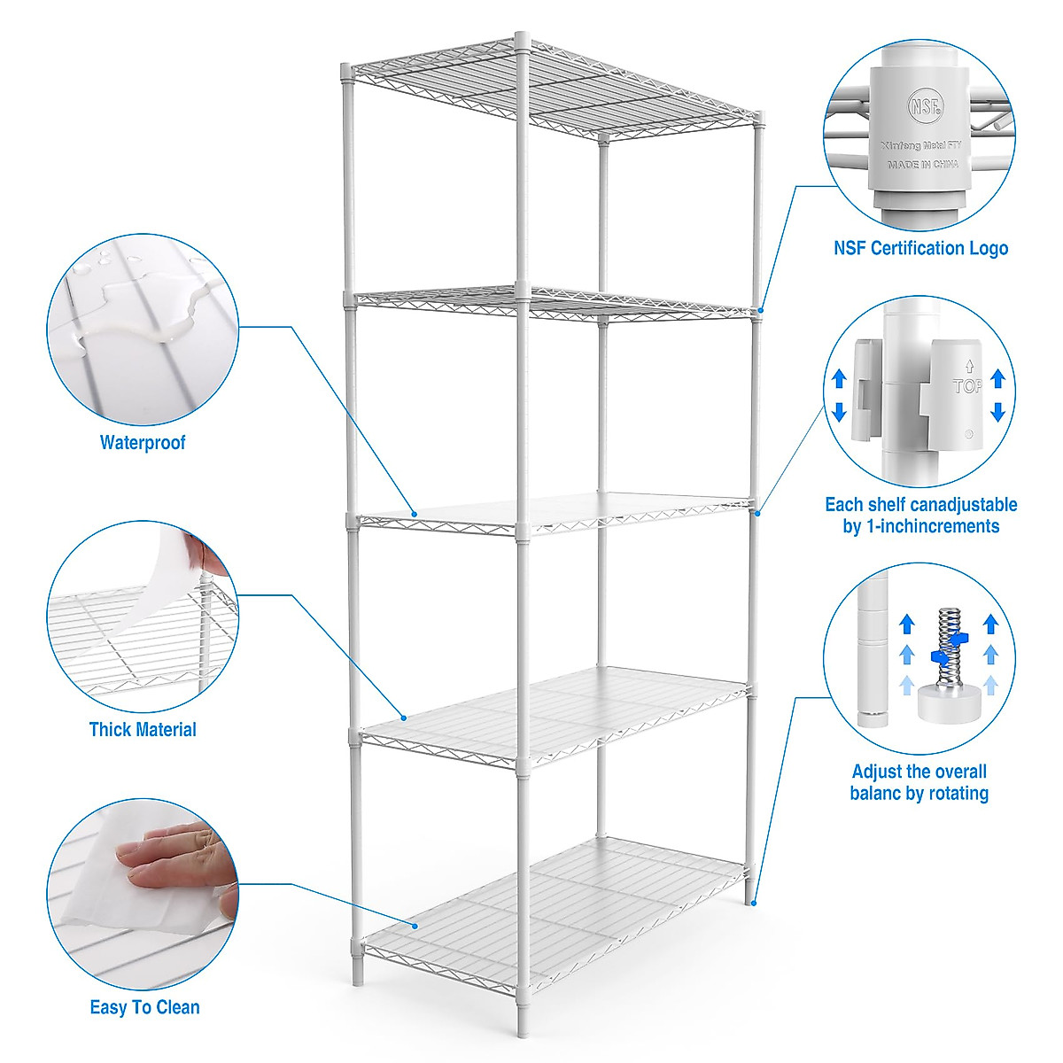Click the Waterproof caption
143,443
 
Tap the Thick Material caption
143,730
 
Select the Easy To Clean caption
144,1007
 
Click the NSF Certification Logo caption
920,248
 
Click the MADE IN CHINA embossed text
922,165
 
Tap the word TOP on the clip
967,386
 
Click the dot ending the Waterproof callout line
415,512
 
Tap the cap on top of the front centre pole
523,40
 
